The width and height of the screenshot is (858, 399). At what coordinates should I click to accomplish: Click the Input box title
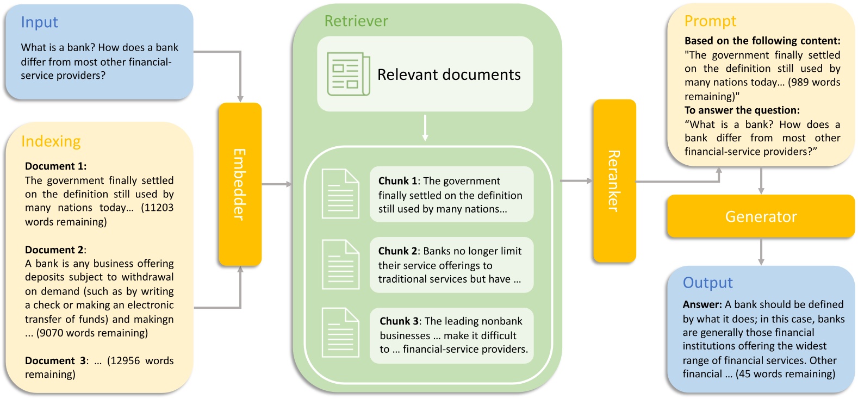[39, 22]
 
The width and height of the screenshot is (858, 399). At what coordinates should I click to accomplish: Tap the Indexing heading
[51, 141]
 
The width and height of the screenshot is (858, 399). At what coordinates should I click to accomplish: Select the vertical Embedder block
[240, 184]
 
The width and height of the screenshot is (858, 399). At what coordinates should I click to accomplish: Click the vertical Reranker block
[614, 181]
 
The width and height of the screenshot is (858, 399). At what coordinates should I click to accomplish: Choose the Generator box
[760, 216]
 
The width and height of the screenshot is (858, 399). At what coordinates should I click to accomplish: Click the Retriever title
[356, 21]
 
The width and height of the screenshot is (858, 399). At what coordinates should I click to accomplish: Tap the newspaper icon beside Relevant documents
[348, 74]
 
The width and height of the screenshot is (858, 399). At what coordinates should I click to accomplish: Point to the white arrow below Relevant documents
[425, 128]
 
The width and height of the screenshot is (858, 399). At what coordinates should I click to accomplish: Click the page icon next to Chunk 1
[340, 194]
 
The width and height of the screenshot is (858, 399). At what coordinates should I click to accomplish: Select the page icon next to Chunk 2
[340, 264]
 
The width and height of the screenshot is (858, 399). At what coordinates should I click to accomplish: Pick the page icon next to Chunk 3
[340, 333]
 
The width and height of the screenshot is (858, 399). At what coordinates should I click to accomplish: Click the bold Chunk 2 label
[397, 251]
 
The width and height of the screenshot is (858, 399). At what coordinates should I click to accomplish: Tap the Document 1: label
[55, 166]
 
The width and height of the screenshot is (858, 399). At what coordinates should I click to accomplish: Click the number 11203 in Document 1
[157, 208]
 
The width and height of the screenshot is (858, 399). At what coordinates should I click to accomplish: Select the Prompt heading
[710, 21]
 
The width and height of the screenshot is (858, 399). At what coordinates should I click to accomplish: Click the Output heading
[707, 283]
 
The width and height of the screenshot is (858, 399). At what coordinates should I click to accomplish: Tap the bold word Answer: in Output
[702, 304]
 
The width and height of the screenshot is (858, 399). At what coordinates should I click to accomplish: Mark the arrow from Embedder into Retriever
[277, 184]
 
